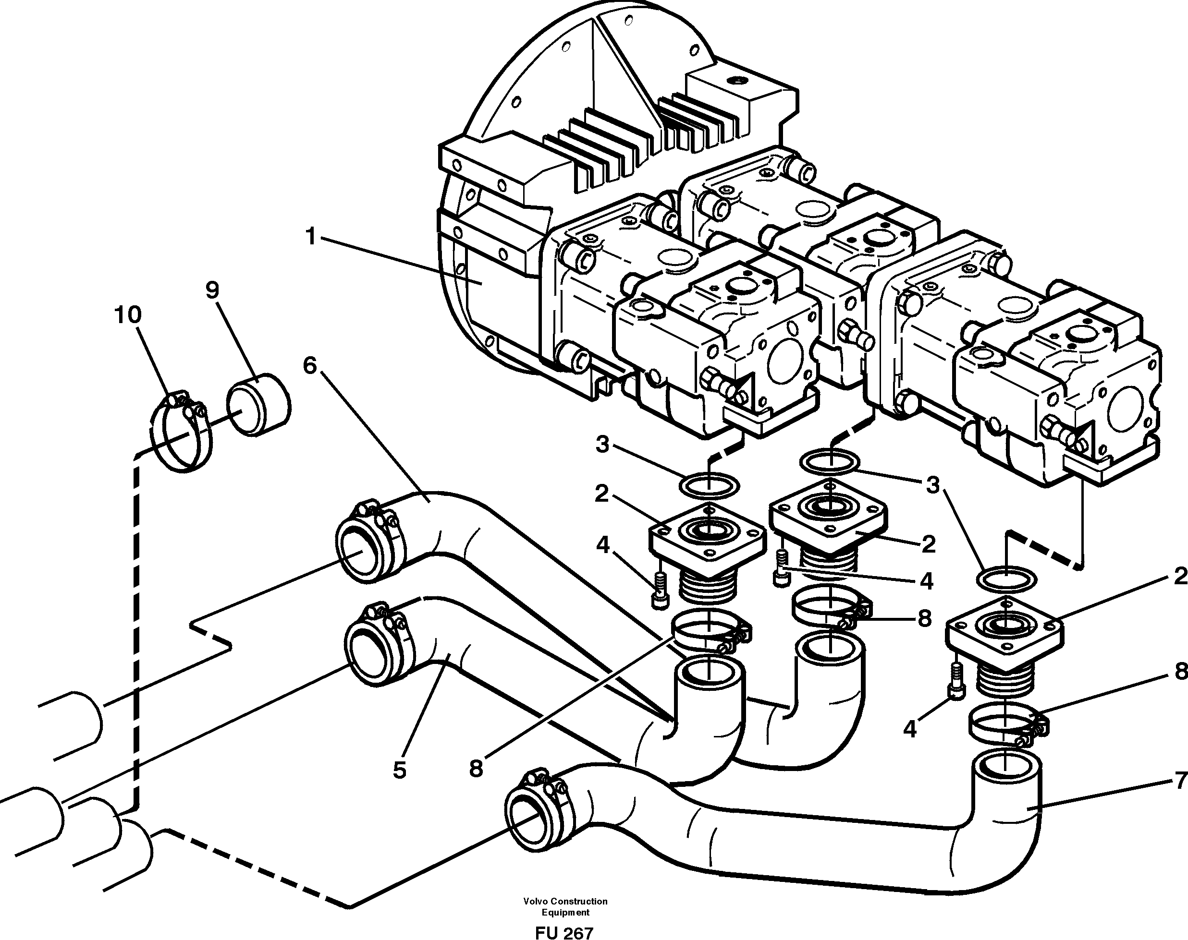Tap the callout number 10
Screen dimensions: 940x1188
[128, 315]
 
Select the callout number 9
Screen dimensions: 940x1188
[213, 290]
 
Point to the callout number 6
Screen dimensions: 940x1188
[310, 365]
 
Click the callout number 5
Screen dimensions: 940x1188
[400, 770]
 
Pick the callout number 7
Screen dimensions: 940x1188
[1180, 781]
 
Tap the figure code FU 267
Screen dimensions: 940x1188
[564, 932]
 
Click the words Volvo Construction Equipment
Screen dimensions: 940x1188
[565, 906]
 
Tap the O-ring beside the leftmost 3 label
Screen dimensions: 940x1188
[710, 486]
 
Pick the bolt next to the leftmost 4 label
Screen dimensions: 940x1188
[659, 591]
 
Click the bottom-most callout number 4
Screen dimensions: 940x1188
[909, 729]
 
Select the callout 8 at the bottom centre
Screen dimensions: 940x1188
[476, 768]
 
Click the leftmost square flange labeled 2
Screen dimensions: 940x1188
[707, 538]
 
